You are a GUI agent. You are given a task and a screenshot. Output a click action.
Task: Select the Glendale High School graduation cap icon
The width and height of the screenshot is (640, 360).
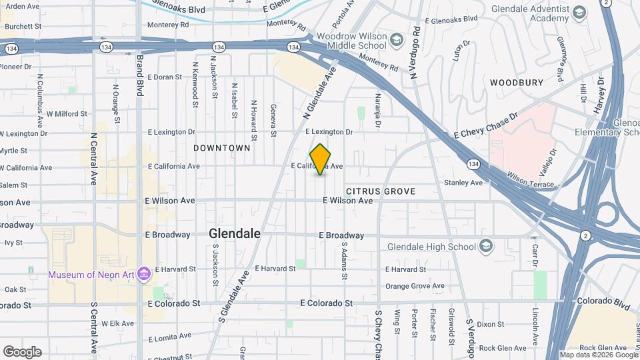[486, 247]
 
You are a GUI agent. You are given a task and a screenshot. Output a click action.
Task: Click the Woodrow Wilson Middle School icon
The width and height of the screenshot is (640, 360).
[397, 40]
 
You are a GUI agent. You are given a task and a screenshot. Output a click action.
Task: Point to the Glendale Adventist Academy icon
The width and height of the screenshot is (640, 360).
[579, 13]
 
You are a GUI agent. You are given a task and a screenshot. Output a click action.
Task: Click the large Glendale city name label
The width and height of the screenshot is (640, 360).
[234, 233]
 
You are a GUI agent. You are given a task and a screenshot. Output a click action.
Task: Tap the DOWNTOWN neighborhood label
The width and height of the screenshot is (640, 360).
[222, 148]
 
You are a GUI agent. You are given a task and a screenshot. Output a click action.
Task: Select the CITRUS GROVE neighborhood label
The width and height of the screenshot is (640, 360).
[381, 191]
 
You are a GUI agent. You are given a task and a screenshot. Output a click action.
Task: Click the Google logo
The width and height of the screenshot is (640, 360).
[22, 351]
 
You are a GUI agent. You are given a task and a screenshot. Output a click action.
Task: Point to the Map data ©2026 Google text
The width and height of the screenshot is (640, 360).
[598, 355]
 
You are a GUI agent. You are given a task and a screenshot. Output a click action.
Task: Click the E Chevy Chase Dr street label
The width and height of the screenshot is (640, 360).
[486, 126]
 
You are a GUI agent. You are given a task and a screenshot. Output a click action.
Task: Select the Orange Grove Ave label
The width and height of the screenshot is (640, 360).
[415, 286]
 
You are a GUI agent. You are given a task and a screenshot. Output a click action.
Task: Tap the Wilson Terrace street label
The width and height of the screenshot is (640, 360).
[531, 180]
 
